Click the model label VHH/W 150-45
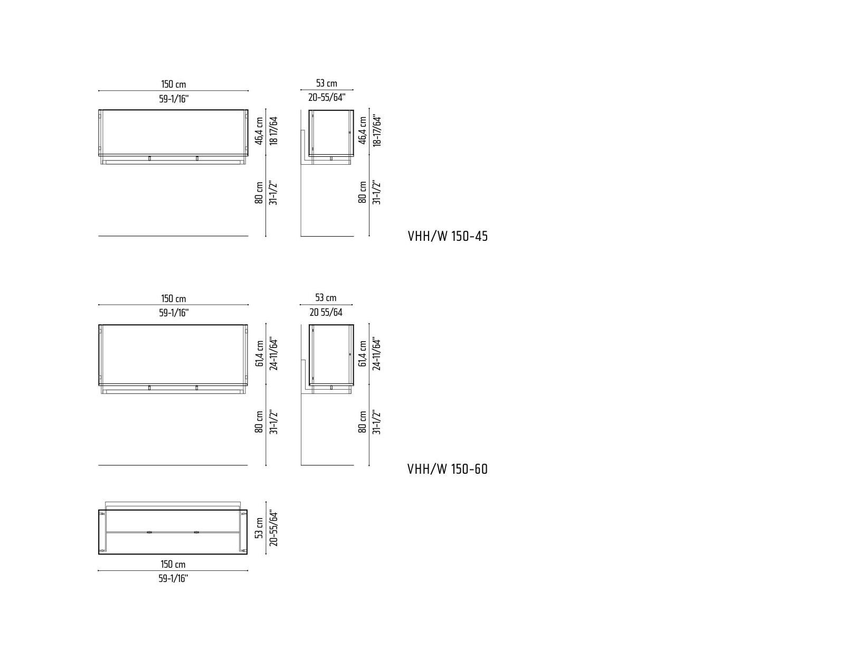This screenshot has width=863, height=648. point(448,236)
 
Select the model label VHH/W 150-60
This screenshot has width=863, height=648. point(448,469)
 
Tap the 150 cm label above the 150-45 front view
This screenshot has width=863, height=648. point(174,84)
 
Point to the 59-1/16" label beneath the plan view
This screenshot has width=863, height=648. point(173,578)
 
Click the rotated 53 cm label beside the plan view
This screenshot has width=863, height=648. point(259,528)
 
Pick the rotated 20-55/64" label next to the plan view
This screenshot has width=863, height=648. point(273,528)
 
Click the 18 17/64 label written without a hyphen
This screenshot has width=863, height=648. point(273,130)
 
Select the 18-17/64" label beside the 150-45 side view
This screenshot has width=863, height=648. point(377,130)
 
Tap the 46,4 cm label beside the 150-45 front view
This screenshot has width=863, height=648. point(259,131)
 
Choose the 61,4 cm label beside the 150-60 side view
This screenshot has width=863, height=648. point(363,353)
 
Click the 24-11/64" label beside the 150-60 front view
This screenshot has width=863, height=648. point(273,353)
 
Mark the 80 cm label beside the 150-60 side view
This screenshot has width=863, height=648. point(363,422)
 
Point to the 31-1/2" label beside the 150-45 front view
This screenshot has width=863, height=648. point(273,193)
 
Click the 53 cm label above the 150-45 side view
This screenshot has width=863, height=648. point(327,83)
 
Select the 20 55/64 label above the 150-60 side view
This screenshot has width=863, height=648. point(326,313)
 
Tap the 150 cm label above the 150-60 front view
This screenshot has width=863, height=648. point(174,299)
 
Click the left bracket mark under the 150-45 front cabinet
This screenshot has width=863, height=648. point(149,158)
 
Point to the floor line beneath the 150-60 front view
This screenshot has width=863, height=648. point(173,465)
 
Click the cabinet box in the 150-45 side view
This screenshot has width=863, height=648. point(331,133)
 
